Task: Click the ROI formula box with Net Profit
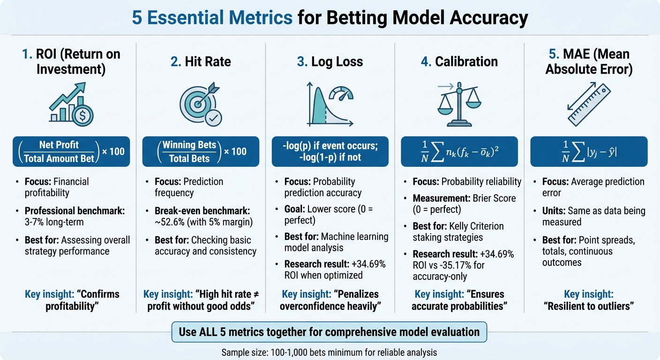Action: [x=71, y=151]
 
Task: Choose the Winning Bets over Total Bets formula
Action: [x=200, y=151]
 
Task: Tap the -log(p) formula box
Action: [x=330, y=151]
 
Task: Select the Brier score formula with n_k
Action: [x=459, y=151]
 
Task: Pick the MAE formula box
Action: [x=589, y=151]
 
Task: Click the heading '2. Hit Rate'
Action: [x=200, y=61]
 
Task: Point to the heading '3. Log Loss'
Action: [x=330, y=61]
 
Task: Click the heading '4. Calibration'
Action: [x=459, y=61]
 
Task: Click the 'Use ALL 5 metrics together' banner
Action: [x=330, y=332]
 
